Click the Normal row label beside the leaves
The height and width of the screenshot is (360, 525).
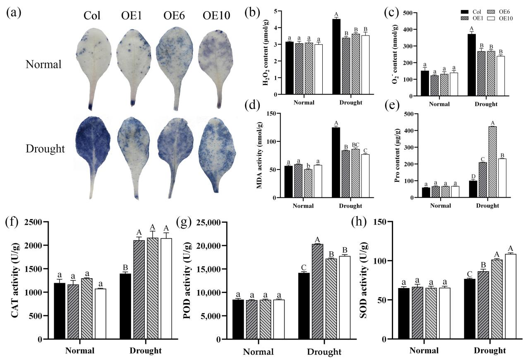43,64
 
